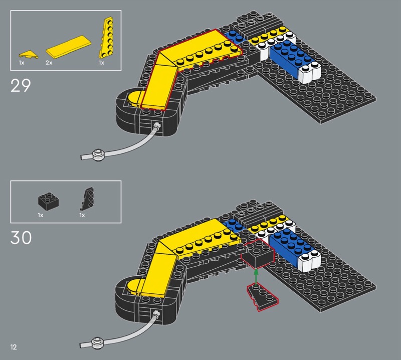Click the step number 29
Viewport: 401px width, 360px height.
[21, 85]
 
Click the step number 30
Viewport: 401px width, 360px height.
[21, 238]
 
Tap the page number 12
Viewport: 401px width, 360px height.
[14, 347]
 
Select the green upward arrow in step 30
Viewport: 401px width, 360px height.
[256, 277]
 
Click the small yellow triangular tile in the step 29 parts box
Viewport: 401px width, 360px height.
[29, 54]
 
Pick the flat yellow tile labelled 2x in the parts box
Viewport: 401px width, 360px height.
[69, 46]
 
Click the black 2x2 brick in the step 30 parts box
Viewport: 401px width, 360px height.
[49, 199]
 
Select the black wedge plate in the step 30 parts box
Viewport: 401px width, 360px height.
[87, 199]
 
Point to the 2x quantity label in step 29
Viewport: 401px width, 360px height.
[49, 63]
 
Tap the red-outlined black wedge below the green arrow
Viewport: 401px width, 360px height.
[262, 297]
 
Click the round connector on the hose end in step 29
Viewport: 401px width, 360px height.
[98, 155]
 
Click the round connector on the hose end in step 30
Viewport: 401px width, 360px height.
[97, 343]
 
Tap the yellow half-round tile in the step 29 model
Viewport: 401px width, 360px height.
[135, 99]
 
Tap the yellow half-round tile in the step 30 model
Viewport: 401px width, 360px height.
[134, 287]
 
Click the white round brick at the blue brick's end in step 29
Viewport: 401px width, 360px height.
[310, 73]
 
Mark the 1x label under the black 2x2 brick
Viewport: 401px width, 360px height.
[41, 215]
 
